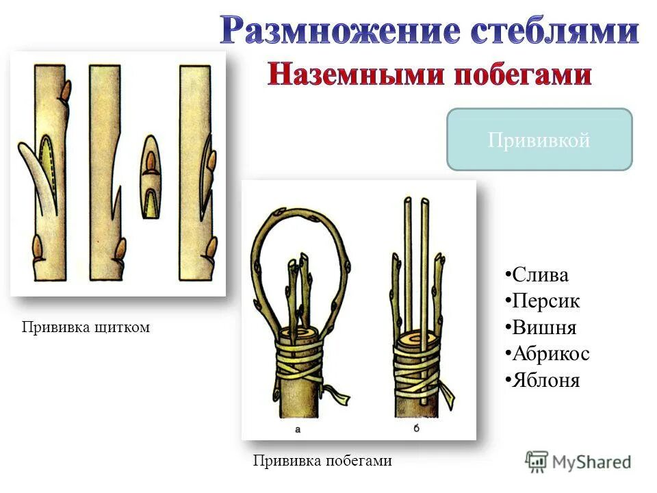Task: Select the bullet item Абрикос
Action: (x=550, y=354)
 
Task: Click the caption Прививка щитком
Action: (x=86, y=328)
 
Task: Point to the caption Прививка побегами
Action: (x=322, y=461)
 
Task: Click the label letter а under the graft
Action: (x=297, y=429)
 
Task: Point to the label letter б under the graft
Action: (x=417, y=429)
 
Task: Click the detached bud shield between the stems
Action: (x=151, y=176)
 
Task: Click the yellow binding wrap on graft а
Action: (x=301, y=362)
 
